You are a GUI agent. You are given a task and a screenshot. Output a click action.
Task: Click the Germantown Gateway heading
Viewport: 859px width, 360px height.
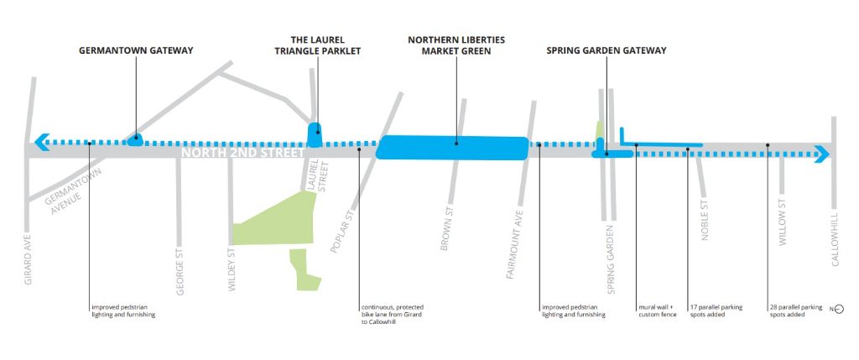click(136, 50)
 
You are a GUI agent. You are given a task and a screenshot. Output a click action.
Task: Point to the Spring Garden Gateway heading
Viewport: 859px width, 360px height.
click(607, 50)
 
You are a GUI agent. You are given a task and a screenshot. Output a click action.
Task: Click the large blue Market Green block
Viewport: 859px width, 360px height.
click(453, 148)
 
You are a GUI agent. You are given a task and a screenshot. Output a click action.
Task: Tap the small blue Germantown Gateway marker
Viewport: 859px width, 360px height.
click(136, 140)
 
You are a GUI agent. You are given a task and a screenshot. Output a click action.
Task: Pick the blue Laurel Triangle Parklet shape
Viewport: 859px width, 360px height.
click(315, 134)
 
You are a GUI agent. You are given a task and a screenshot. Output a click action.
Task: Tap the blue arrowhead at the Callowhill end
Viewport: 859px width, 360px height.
click(822, 154)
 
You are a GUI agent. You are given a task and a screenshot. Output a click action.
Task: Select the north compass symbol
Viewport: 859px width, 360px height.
click(837, 310)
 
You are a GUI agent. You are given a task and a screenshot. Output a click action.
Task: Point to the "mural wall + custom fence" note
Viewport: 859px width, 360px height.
click(655, 310)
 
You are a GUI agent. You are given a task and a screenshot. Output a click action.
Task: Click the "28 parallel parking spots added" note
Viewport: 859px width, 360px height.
click(796, 310)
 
